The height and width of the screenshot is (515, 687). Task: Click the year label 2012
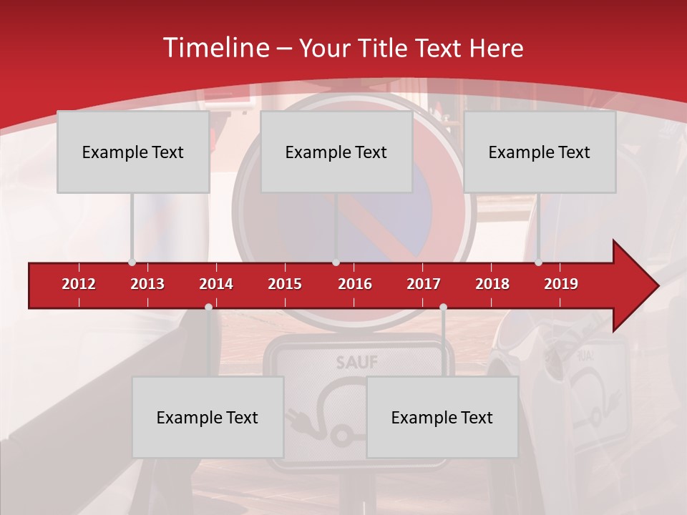click(79, 284)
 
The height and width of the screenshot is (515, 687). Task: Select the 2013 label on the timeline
click(147, 284)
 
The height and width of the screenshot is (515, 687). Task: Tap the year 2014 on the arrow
click(216, 284)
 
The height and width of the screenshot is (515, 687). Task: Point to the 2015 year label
click(285, 284)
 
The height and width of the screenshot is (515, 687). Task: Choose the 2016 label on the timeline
click(355, 284)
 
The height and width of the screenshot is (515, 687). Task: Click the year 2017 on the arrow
click(424, 284)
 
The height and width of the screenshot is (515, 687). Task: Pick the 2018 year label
click(492, 284)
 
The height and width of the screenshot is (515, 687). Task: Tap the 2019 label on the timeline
click(561, 284)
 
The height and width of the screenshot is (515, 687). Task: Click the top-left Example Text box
click(133, 152)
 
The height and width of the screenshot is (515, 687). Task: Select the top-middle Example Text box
click(336, 152)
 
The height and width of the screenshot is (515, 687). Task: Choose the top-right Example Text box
click(540, 152)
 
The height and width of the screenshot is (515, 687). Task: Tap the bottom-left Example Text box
click(208, 417)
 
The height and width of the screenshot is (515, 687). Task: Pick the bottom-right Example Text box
click(442, 417)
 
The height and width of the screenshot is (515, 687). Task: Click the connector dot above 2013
click(132, 263)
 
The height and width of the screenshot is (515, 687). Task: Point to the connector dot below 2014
click(208, 307)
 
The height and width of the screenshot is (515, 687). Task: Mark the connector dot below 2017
click(443, 307)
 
